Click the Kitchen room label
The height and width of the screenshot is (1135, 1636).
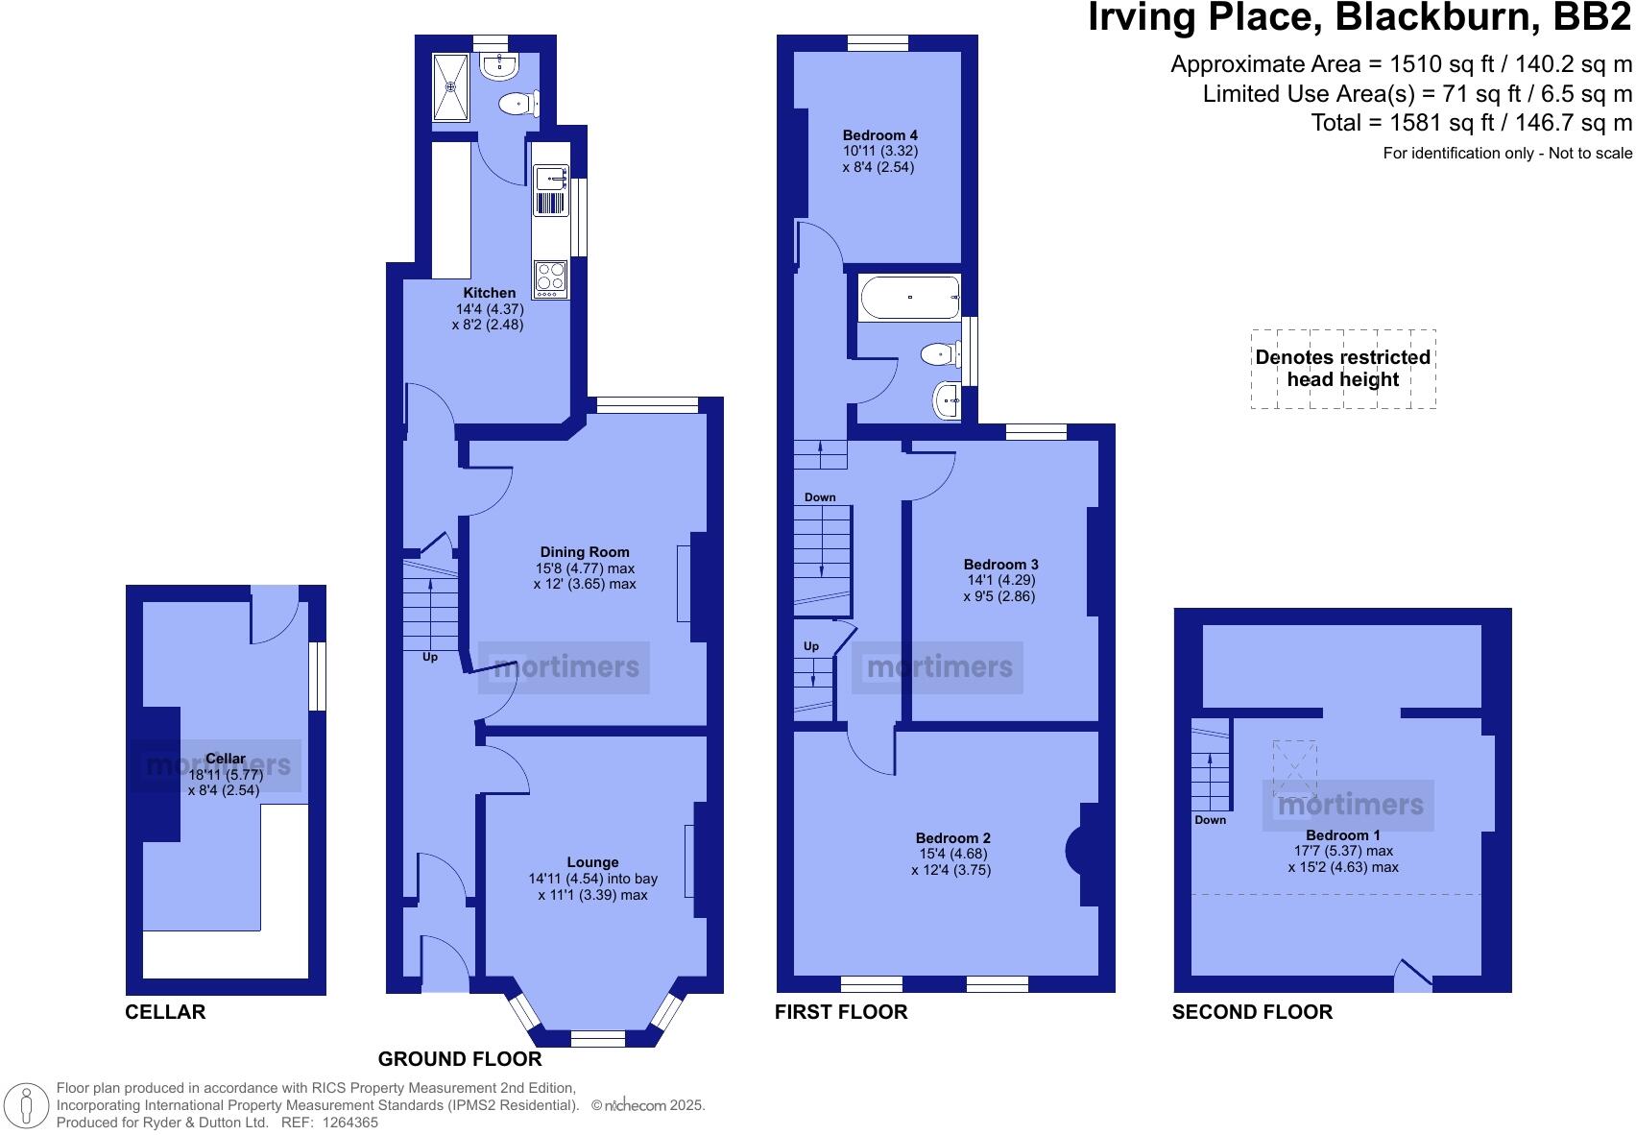(x=490, y=293)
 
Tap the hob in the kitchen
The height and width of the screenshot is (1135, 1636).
(x=551, y=279)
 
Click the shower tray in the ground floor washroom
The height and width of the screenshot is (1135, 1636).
(x=450, y=87)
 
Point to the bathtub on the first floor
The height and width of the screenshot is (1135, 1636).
(x=909, y=298)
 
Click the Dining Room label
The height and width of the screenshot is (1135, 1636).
(x=585, y=552)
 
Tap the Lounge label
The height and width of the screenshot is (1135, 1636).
(x=592, y=862)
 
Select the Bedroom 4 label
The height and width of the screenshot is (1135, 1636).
(x=880, y=135)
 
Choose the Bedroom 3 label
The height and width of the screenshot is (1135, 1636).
(x=1000, y=564)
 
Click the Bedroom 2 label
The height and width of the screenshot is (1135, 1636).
(x=953, y=837)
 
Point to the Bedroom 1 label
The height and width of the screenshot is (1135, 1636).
(x=1342, y=834)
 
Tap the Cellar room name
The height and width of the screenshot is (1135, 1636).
(x=225, y=759)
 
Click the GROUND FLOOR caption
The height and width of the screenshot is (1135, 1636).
(x=459, y=1058)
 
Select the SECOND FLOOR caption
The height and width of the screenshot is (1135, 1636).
(x=1252, y=1011)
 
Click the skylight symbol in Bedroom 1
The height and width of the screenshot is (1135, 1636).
(x=1294, y=767)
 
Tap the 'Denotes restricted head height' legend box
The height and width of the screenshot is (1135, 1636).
(x=1343, y=369)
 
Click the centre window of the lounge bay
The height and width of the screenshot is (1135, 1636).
(x=597, y=1038)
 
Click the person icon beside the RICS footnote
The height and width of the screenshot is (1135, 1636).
(x=27, y=1104)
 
